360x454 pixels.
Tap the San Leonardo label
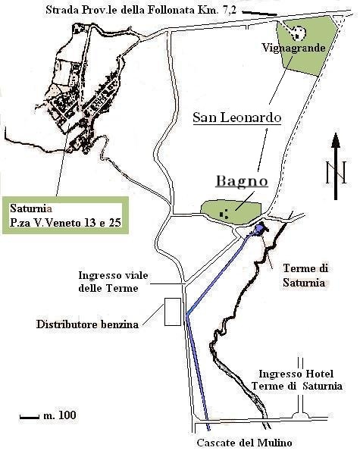click(x=236, y=117)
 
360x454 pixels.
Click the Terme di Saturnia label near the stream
click(x=304, y=275)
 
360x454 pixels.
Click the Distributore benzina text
click(x=88, y=324)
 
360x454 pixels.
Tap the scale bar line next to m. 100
click(x=29, y=416)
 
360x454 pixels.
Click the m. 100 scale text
click(x=59, y=415)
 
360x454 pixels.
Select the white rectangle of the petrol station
click(x=171, y=312)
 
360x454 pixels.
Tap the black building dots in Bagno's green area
click(x=222, y=212)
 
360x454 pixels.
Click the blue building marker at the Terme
click(x=260, y=228)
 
